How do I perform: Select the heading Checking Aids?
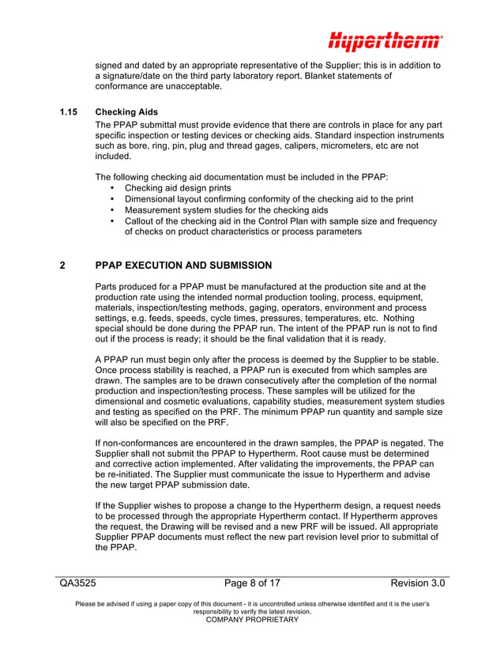[x=126, y=112]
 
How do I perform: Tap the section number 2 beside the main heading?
[x=63, y=266]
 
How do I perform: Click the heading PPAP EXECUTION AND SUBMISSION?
[x=183, y=266]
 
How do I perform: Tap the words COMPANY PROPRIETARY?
[x=252, y=620]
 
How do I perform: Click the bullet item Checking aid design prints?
[x=178, y=188]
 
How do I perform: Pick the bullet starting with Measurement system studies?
[x=226, y=210]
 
